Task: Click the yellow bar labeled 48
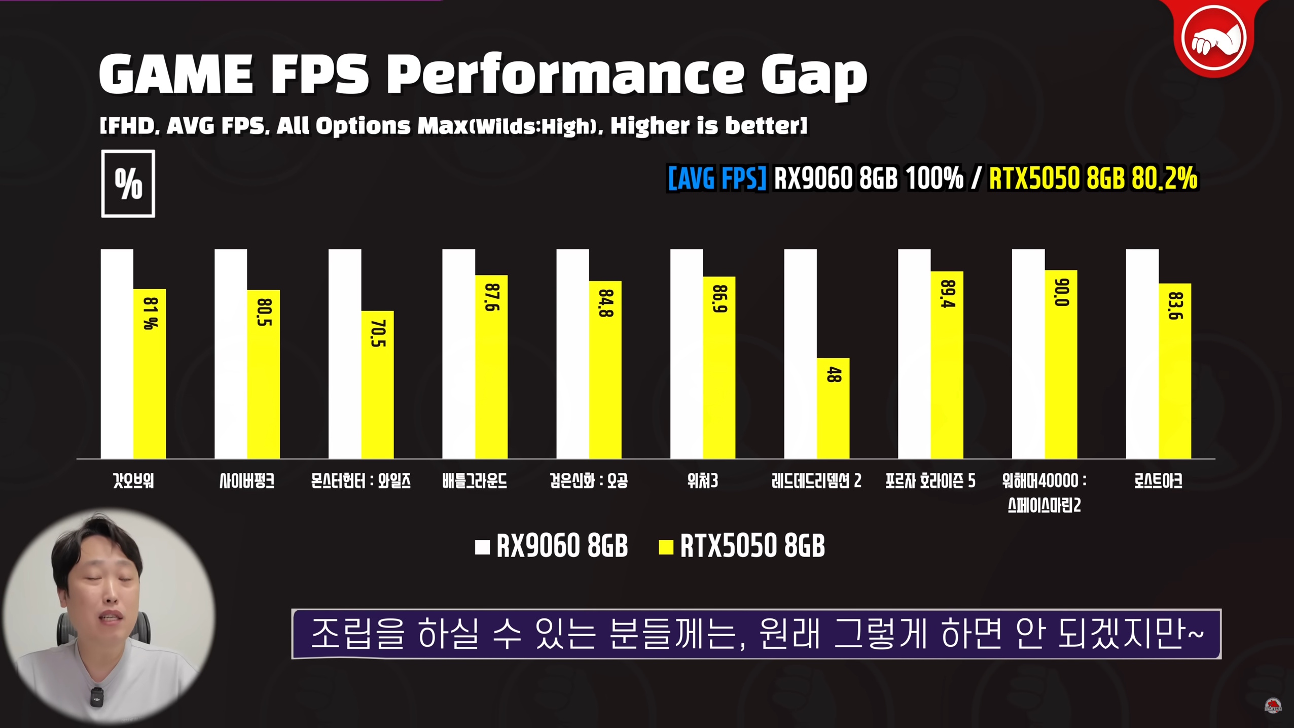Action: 833,408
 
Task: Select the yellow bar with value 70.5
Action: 377,386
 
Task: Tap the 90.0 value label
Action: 1061,293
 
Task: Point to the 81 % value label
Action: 151,313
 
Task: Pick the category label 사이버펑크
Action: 247,481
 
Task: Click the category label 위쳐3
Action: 702,481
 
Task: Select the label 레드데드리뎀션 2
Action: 816,481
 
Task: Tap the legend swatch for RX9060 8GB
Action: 482,547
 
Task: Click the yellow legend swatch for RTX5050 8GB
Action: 666,547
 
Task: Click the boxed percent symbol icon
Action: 128,184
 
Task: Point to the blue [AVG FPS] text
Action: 717,179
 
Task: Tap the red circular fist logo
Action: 1214,38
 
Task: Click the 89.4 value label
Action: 947,294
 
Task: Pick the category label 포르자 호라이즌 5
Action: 930,481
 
